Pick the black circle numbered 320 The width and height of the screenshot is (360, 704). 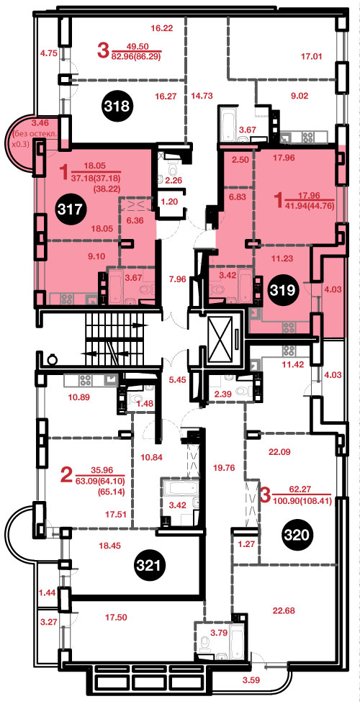[x=296, y=534]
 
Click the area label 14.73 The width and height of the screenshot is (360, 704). [x=202, y=95]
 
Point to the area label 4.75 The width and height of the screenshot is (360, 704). [x=48, y=53]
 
